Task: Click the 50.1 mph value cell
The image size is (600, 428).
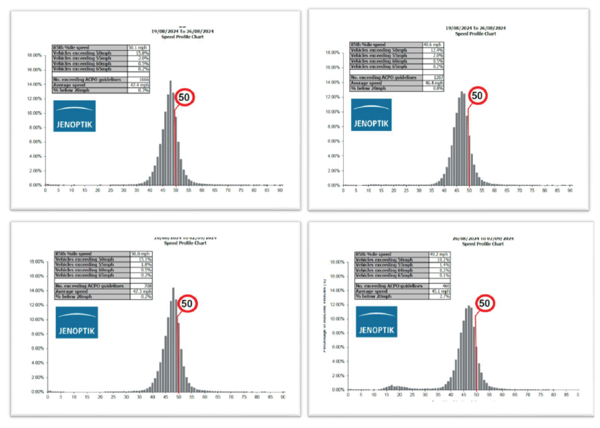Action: click(x=138, y=47)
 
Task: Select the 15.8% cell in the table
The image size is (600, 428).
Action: click(x=138, y=52)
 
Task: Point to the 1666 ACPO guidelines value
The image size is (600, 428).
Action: click(x=138, y=79)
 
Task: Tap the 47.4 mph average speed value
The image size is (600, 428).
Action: click(x=138, y=85)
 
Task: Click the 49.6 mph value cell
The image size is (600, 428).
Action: click(x=432, y=44)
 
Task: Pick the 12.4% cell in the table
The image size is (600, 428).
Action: click(x=432, y=50)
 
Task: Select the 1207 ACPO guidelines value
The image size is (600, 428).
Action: click(x=432, y=77)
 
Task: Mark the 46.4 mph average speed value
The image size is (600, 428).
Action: click(x=432, y=83)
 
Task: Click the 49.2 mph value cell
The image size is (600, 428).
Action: click(x=439, y=254)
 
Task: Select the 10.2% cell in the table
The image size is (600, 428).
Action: click(x=439, y=259)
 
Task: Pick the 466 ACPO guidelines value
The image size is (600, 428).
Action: click(x=439, y=286)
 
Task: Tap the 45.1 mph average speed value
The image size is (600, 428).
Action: click(x=439, y=291)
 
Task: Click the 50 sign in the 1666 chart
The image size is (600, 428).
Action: click(x=184, y=98)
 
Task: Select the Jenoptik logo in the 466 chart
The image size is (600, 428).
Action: click(x=377, y=321)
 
